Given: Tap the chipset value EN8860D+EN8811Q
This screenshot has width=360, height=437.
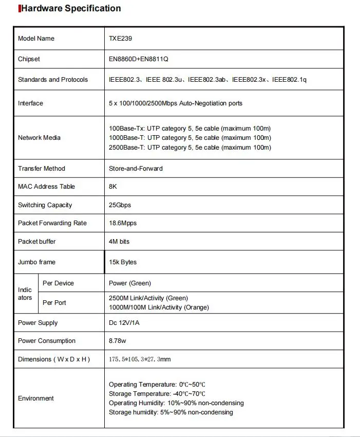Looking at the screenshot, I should click(x=139, y=59).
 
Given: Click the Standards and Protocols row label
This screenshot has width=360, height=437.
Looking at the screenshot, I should click(x=53, y=80).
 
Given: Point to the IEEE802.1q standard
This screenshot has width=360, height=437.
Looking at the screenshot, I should click(x=290, y=80).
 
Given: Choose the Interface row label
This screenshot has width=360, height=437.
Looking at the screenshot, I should click(x=31, y=103).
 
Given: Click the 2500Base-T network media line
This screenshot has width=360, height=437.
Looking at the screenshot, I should click(x=190, y=148).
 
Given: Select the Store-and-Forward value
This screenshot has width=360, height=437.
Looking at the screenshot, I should click(x=136, y=169).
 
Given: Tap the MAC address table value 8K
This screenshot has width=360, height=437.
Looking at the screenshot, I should click(x=113, y=187).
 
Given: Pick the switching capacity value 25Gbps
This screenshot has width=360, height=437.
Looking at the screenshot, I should click(x=120, y=205).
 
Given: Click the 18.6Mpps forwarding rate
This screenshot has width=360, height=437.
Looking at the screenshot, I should click(x=123, y=223).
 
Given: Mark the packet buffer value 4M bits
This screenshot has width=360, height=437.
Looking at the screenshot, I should click(x=119, y=242).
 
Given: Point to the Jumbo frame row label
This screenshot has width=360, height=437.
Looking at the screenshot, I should click(x=36, y=262).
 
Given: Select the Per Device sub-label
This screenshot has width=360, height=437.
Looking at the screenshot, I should click(x=58, y=283).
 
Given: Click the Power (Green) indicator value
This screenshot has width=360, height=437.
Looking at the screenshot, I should click(x=130, y=283).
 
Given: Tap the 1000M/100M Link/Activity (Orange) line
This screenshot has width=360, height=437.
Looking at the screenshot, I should click(x=159, y=307).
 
